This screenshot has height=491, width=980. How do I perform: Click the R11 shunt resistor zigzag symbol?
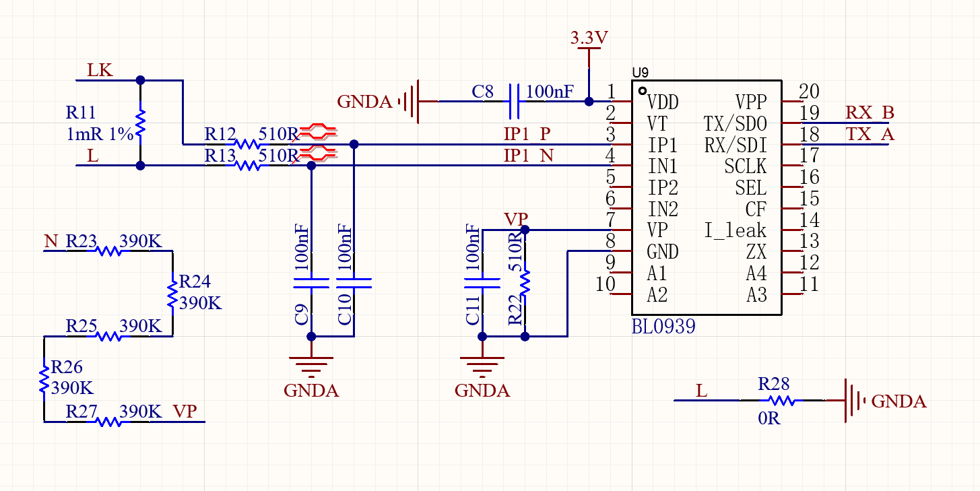tap(141, 123)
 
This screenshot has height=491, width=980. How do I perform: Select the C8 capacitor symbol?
tap(515, 102)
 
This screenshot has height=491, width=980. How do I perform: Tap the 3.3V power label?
tap(589, 38)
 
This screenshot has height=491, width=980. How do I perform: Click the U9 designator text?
tap(640, 72)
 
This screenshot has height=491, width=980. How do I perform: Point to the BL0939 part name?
tap(663, 327)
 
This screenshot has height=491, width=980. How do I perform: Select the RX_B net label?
tap(870, 112)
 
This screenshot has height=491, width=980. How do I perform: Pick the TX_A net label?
tap(870, 134)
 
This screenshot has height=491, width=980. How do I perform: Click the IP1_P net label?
tap(527, 134)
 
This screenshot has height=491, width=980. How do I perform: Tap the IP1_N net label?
tap(529, 156)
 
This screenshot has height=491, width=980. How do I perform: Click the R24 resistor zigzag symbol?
tap(173, 294)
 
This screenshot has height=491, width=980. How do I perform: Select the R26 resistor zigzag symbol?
tap(44, 380)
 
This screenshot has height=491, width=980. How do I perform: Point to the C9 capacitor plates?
tap(311, 283)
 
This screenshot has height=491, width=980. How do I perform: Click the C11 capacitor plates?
tap(482, 283)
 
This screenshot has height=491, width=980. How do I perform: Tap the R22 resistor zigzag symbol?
tap(525, 283)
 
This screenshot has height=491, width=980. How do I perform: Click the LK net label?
tap(100, 70)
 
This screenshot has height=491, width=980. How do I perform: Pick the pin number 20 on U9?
tap(809, 92)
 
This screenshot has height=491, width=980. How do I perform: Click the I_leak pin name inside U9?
tap(735, 230)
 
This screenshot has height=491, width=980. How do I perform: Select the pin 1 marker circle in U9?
tap(643, 91)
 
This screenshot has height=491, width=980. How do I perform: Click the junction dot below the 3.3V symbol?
tap(589, 102)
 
